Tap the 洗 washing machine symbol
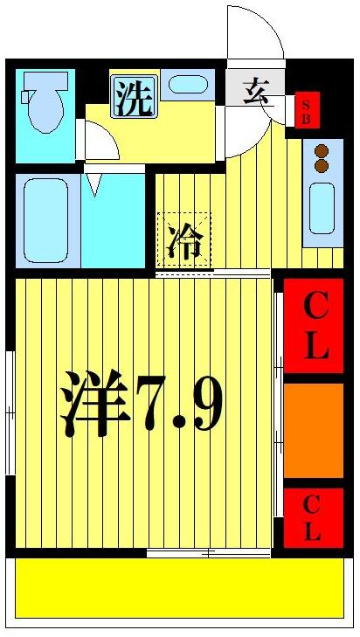click(133, 96)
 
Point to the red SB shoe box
click(307, 110)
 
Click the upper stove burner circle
click(321, 149)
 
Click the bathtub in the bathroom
click(46, 220)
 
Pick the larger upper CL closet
click(314, 326)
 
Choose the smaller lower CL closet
click(313, 517)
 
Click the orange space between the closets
click(313, 430)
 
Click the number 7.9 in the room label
click(179, 405)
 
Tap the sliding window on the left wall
click(10, 411)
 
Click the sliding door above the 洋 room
click(214, 274)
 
